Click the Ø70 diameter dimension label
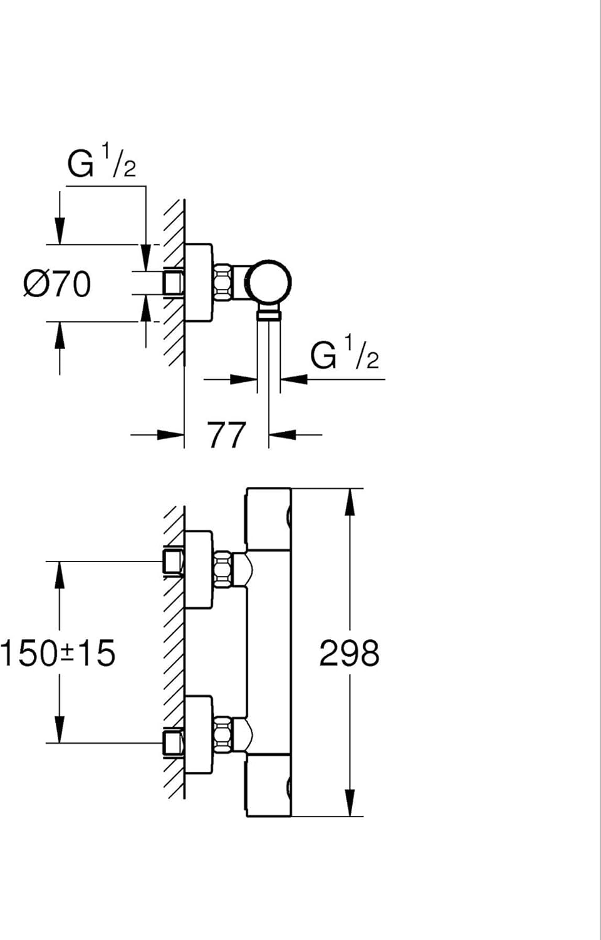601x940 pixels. [x=57, y=284]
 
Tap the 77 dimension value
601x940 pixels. [x=227, y=435]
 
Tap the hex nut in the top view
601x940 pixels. [x=223, y=282]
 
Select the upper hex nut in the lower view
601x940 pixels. [x=223, y=570]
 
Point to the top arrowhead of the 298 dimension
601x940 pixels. [x=350, y=501]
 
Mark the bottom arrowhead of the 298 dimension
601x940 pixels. [x=350, y=803]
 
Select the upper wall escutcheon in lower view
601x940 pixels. [x=199, y=570]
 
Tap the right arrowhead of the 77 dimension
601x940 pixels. [x=283, y=435]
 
